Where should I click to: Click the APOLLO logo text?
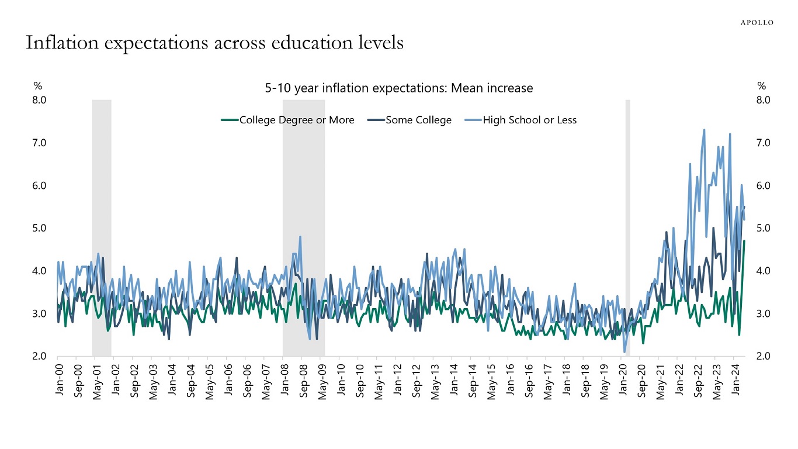pos(757,22)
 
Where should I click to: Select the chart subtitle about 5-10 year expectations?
pos(399,88)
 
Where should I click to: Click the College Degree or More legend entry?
pos(288,120)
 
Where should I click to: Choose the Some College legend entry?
pos(410,120)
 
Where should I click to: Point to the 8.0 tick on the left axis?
pos(39,100)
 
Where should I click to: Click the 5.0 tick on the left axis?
pos(39,228)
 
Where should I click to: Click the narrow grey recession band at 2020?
pos(628,228)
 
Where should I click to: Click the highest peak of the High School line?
pos(704,130)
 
